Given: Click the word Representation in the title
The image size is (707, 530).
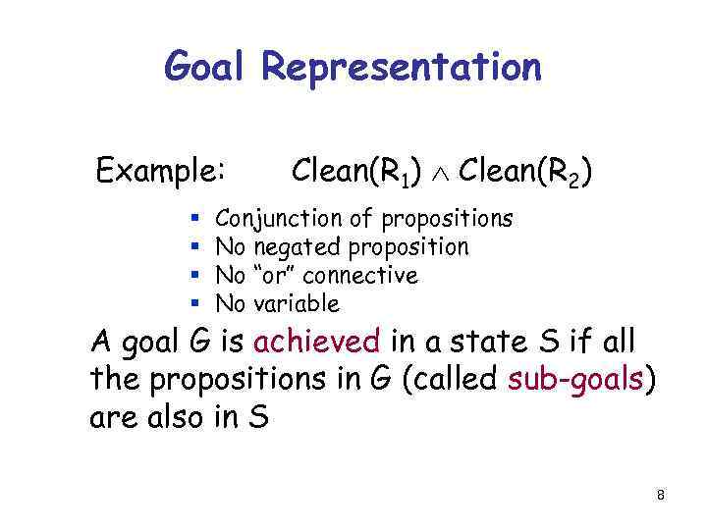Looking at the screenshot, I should pyautogui.click(x=402, y=67).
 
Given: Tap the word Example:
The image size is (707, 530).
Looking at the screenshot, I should pyautogui.click(x=162, y=172).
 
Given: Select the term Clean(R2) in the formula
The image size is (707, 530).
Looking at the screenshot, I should pyautogui.click(x=523, y=172).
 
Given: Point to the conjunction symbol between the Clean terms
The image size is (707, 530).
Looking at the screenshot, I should pyautogui.click(x=440, y=174).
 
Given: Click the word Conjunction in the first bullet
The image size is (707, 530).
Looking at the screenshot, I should pyautogui.click(x=278, y=218).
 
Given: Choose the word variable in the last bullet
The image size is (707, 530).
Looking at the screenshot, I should pyautogui.click(x=296, y=303).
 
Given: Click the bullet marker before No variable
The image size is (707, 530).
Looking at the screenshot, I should pyautogui.click(x=195, y=303).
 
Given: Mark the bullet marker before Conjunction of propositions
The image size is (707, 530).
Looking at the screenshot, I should pyautogui.click(x=195, y=218).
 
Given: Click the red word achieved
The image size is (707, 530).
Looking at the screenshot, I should pyautogui.click(x=316, y=343).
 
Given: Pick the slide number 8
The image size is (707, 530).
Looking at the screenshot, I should pyautogui.click(x=661, y=496).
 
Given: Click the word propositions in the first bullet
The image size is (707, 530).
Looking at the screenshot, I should pyautogui.click(x=447, y=218).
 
